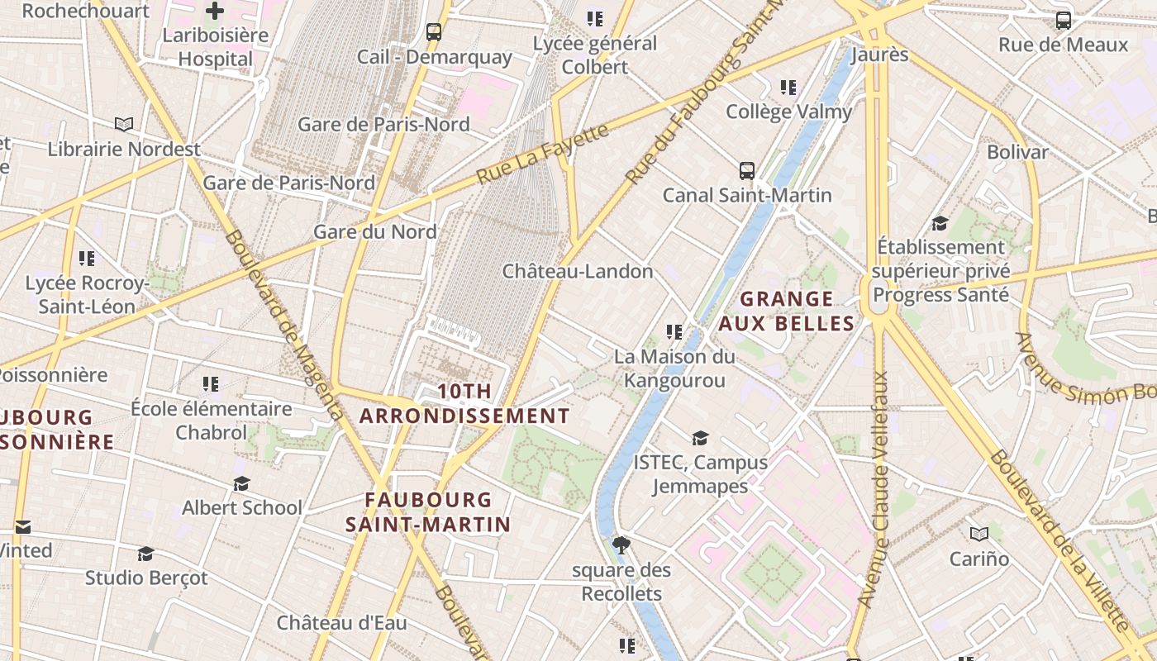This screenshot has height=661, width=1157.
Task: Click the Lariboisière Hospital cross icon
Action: point(215,11)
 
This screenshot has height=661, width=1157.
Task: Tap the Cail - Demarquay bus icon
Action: point(434,32)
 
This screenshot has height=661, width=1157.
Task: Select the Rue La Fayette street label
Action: point(542,155)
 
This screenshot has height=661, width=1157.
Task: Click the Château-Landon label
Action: point(578,271)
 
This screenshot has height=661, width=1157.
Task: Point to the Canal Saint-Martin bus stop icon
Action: point(747,171)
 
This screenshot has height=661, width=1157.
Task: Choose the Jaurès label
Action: point(879,55)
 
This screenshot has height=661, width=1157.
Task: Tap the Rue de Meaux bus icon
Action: point(1064,21)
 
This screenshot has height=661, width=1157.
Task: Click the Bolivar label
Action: point(1017,152)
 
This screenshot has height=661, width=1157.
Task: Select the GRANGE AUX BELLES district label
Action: point(786,311)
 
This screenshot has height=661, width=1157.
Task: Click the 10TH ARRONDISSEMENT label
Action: point(464,403)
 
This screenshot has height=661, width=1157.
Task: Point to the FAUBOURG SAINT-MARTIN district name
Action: point(428,511)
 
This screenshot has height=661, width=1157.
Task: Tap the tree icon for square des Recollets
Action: point(621,545)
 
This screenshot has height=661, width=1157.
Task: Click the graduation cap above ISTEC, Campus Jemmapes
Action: point(700,438)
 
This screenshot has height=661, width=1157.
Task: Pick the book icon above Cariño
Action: point(979,535)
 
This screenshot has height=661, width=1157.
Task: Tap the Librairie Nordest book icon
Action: point(124,125)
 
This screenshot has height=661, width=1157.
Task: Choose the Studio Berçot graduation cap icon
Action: point(145,554)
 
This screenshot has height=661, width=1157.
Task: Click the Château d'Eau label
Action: point(341,622)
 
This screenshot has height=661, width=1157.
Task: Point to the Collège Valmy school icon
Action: point(788,87)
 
